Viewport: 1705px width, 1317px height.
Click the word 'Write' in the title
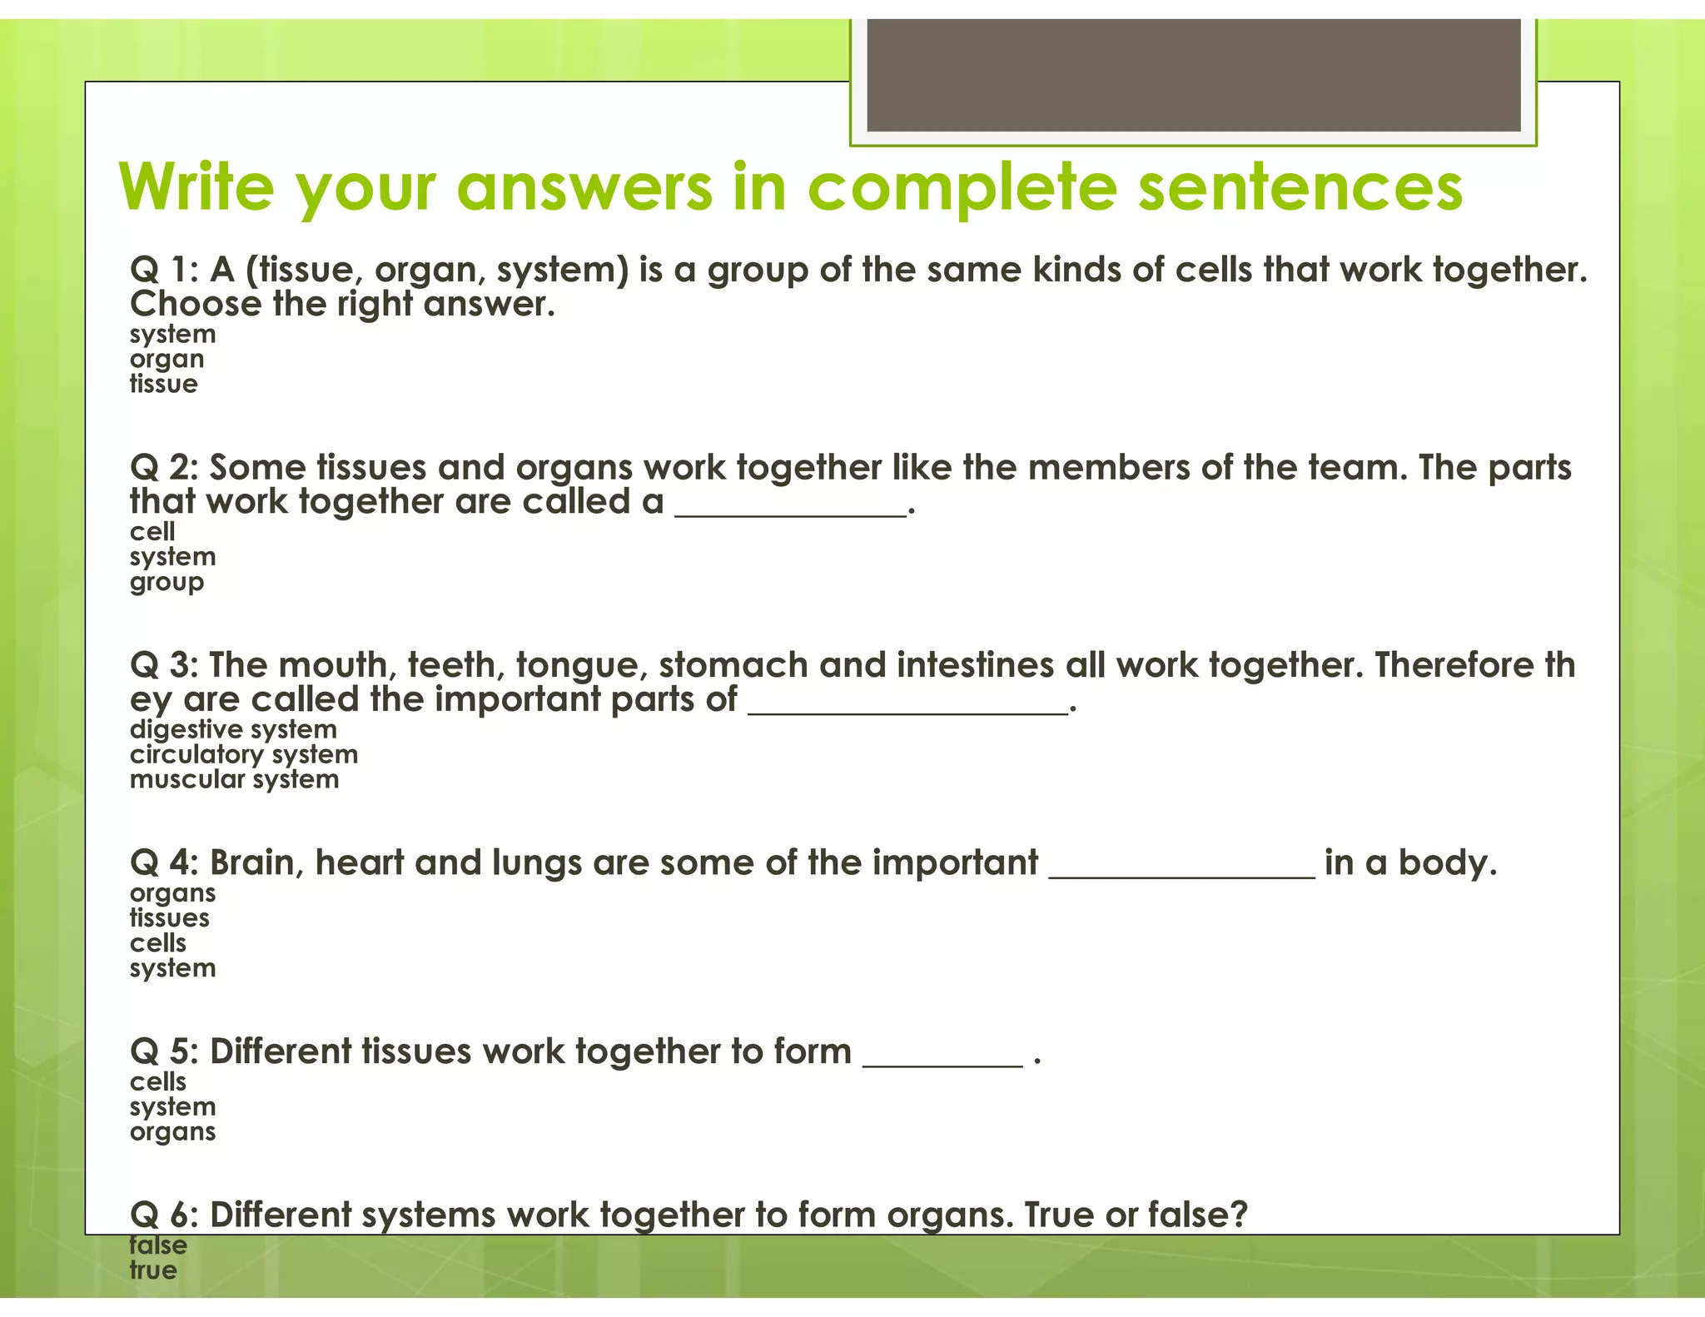click(x=196, y=186)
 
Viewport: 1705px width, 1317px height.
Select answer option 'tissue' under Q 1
click(x=164, y=384)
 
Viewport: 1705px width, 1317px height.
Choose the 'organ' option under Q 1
click(x=167, y=360)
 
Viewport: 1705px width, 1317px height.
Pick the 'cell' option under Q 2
click(x=152, y=531)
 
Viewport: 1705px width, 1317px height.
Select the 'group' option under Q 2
click(x=167, y=582)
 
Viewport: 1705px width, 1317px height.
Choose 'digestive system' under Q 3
click(x=233, y=729)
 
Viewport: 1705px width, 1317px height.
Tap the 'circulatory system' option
click(x=244, y=754)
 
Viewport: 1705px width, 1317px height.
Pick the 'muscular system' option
click(x=235, y=779)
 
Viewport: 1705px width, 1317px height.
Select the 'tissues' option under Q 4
click(x=170, y=918)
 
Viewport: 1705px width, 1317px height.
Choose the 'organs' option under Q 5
click(x=172, y=1132)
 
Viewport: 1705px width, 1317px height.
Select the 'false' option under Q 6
click(x=158, y=1245)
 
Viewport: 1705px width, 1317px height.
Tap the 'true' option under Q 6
click(x=153, y=1270)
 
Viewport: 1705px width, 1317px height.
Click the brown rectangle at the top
click(x=1193, y=75)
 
